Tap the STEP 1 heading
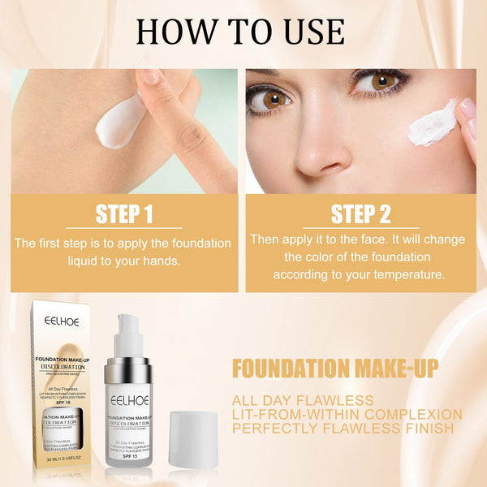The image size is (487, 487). [124, 214]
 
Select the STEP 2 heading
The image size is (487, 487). [360, 214]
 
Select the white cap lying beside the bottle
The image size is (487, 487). [192, 439]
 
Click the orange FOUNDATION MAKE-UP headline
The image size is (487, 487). [334, 368]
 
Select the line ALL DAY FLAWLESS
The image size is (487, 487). [302, 400]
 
